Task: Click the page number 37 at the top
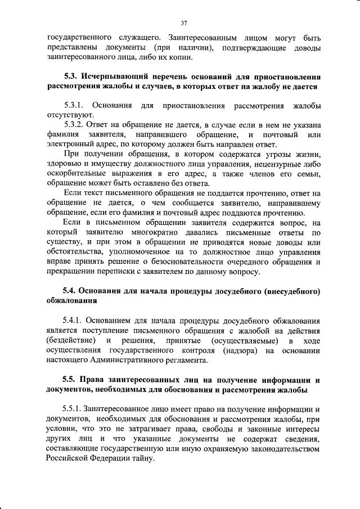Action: coord(183,23)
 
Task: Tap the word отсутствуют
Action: coord(66,115)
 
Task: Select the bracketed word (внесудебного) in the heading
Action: coord(290,292)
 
